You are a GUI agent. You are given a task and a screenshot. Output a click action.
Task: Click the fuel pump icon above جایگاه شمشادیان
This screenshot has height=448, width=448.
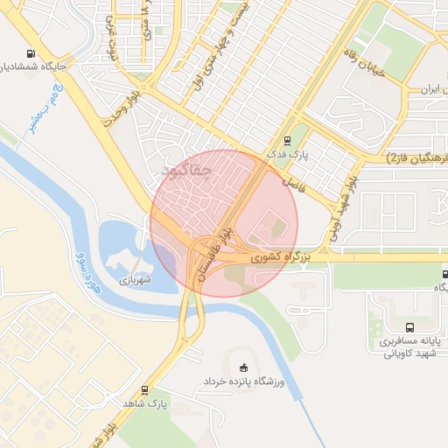[32, 52]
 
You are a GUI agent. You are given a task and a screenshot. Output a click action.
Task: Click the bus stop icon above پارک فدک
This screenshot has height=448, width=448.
[287, 140]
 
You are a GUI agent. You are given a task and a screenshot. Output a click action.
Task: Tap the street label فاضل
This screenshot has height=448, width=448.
[290, 183]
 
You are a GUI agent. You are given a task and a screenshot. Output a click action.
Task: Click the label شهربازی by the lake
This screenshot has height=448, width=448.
[136, 280]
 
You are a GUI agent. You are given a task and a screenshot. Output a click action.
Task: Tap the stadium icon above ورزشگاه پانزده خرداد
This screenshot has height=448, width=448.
[244, 367]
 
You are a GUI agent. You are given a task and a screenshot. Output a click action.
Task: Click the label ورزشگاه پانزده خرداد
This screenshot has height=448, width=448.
[244, 381]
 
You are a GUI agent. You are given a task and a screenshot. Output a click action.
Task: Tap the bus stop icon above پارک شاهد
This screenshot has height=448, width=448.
[144, 390]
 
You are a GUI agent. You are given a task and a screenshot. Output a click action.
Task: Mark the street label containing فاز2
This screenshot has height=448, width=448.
[416, 157]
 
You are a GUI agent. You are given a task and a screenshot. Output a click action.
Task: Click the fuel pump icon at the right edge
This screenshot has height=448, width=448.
[443, 274]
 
